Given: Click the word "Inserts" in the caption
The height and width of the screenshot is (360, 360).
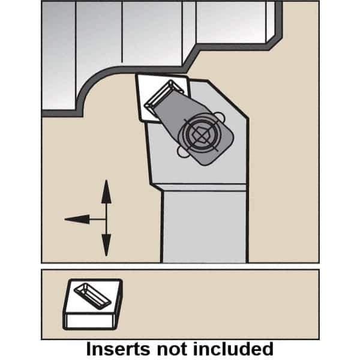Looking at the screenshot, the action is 118,349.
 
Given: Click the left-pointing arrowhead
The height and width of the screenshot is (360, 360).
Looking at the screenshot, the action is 77,219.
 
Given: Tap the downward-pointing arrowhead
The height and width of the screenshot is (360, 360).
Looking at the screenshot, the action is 106,245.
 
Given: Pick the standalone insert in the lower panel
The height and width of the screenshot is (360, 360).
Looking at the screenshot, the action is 92,304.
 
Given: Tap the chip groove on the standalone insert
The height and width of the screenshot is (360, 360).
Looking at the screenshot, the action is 92,296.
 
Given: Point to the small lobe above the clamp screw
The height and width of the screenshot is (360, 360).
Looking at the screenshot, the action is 220,116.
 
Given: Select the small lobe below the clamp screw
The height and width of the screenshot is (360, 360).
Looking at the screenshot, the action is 183,152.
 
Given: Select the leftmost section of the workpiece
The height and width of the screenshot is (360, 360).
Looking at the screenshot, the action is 59,55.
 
